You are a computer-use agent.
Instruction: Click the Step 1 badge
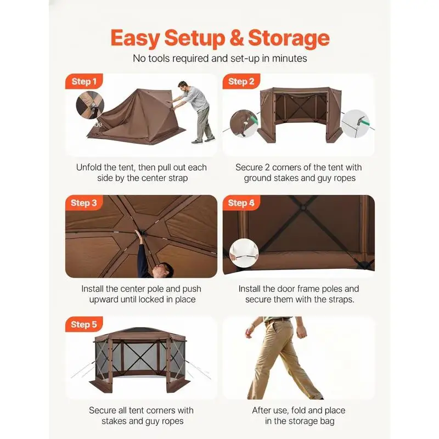point(84,81)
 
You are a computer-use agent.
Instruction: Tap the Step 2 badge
point(241,81)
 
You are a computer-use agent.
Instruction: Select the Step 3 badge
point(84,202)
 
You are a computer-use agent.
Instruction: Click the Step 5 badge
point(84,324)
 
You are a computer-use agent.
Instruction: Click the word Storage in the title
point(289,38)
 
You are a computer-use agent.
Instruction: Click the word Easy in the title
point(135,38)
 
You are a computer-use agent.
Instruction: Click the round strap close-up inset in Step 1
point(90,105)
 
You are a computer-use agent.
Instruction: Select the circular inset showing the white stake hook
point(355,124)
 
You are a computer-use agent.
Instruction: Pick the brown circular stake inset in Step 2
point(244,123)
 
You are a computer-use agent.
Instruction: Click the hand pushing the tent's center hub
point(138,233)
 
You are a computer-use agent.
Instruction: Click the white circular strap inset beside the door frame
point(244,253)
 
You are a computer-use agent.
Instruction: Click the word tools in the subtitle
point(159,58)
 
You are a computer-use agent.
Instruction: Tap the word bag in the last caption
point(327,421)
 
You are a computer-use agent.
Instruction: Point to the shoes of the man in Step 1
point(203,140)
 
